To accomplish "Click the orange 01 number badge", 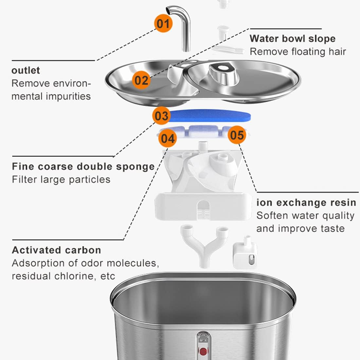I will pos(163,24).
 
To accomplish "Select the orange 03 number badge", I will pos(161,116).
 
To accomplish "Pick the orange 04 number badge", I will pos(168,138).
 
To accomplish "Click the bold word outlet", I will pos(26,70).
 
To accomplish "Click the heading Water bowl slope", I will pos(292,39).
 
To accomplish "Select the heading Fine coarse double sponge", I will pos(83,166).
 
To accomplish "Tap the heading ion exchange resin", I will pos(306,203).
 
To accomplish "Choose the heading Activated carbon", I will pos(56,250).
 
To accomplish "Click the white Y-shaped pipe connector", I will pos(204,245).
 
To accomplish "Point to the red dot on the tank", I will pos(203,352).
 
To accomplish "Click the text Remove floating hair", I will pos(297,52).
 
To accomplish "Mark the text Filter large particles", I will pos(61,179).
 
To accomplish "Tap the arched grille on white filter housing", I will pos(203,209).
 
